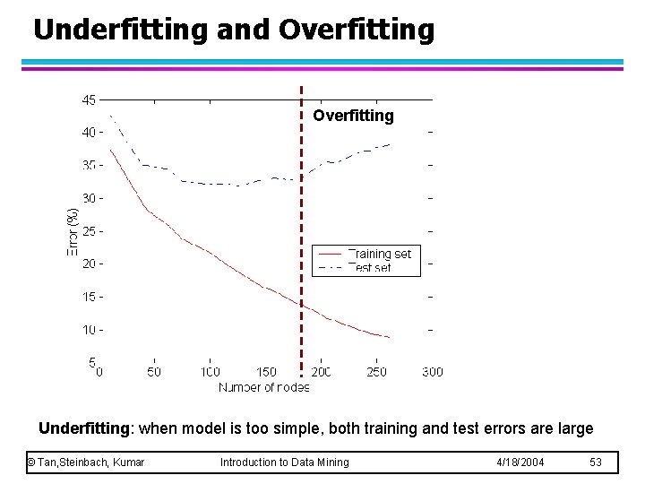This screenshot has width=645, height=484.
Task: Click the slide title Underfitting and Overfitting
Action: coord(234,29)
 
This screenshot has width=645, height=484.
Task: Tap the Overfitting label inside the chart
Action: coord(353,116)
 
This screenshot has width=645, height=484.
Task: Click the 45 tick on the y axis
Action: coord(89,100)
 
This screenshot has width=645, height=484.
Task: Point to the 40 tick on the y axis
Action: coord(89,133)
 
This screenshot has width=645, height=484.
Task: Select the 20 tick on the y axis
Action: coord(89,264)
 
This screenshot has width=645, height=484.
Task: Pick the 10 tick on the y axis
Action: coord(89,330)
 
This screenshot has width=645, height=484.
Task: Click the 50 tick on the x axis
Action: coord(154,371)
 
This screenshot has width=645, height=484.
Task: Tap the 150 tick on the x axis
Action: coord(266,371)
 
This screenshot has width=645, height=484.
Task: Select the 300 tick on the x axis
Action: coord(432,371)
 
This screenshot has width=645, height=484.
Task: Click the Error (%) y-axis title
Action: coord(73,231)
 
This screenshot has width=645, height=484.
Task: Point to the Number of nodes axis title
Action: coord(264,387)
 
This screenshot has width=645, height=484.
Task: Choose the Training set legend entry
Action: coord(379,254)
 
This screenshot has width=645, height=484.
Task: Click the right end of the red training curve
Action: coord(390,337)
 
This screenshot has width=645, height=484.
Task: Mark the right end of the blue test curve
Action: coord(390,144)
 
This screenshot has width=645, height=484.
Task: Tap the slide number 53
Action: coord(597,462)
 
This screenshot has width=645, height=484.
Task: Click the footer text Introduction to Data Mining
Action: coord(285,462)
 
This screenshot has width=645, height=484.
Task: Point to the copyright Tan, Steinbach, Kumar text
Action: coord(86,462)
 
